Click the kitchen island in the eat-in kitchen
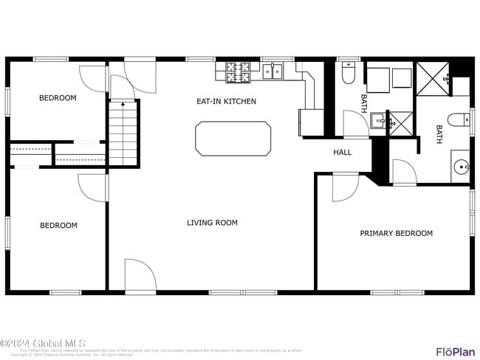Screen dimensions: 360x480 click(x=233, y=139)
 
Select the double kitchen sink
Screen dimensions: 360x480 click(x=272, y=71)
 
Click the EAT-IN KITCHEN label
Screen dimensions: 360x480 click(x=226, y=101)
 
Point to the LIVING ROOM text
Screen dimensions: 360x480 click(x=212, y=222)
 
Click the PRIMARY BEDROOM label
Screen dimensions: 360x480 click(x=396, y=233)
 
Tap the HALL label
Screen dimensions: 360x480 click(x=343, y=153)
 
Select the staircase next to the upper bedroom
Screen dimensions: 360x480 click(x=124, y=133)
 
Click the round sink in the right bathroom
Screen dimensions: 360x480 click(x=460, y=166)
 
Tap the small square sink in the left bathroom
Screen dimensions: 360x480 click(x=378, y=120)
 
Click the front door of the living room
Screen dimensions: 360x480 click(x=140, y=274)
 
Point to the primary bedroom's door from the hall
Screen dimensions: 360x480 click(x=343, y=187)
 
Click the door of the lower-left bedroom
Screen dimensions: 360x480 click(x=93, y=187)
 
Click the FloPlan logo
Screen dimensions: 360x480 click(x=455, y=351)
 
